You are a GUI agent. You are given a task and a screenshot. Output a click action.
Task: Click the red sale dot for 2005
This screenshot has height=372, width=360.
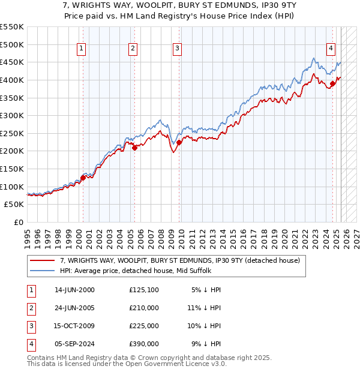[134, 148]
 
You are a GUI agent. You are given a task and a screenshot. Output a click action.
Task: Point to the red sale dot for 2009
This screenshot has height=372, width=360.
[179, 142]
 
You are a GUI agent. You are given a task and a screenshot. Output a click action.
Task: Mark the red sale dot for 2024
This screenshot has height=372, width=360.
[332, 83]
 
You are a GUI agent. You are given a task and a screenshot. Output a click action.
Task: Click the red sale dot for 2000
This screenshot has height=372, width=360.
[83, 178]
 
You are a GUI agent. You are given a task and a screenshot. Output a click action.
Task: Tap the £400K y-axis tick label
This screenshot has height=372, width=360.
[12, 80]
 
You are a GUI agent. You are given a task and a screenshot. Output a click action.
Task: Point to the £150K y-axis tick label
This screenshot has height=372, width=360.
[12, 169]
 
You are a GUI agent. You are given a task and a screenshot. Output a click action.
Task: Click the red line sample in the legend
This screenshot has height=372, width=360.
[42, 260]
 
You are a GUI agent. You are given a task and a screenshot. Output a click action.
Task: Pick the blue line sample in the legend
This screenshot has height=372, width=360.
[42, 271]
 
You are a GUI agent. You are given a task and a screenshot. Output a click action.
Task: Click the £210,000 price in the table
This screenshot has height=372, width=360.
[144, 308]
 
